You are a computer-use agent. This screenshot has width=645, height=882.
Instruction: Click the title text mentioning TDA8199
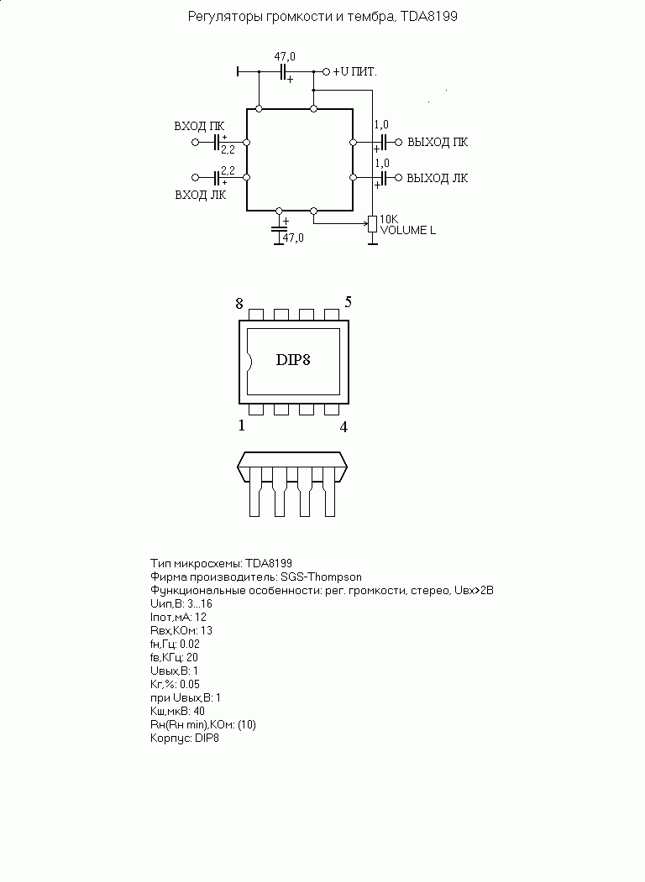coord(322,17)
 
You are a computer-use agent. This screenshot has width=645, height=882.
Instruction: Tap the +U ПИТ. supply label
coord(354,72)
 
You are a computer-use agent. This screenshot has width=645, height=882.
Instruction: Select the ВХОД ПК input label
coord(199,126)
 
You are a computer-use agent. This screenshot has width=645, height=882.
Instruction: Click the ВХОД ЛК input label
coord(201,196)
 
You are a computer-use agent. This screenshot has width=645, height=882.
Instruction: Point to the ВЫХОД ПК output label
coord(438,143)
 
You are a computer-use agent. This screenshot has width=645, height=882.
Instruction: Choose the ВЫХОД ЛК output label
coord(438,178)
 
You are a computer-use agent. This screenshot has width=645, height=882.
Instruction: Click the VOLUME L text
coord(408,230)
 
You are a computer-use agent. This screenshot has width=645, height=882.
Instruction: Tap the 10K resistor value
coord(389,219)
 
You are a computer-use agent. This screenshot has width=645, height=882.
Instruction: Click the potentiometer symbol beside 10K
coord(372,224)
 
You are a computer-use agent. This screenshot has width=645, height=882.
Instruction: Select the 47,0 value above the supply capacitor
coord(285,57)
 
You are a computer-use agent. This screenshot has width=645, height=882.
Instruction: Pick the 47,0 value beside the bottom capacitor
coord(293,238)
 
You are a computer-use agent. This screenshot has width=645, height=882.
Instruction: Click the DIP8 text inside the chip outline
coord(292,360)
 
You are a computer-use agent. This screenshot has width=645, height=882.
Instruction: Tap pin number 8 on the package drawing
coord(239,304)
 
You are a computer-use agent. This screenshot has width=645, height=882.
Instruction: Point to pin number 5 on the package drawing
coord(349,303)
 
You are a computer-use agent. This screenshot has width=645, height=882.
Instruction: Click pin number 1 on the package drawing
coord(242,425)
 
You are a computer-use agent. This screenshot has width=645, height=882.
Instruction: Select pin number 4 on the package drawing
coord(343,427)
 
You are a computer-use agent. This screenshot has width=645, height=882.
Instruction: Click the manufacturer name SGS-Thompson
coord(322,577)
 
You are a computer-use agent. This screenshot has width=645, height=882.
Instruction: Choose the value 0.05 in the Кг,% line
coord(190,685)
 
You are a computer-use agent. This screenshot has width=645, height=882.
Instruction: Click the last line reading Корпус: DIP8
coord(185,738)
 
